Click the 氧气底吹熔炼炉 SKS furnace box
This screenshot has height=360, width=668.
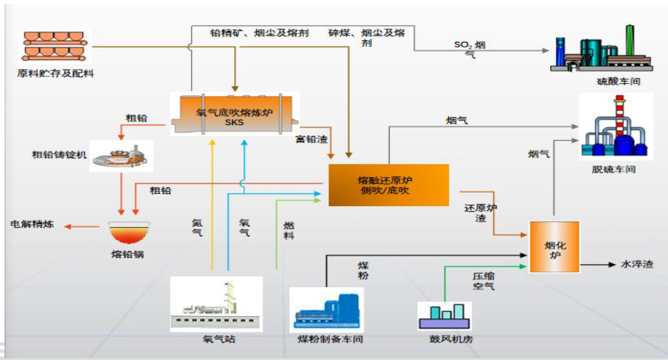click(x=234, y=114)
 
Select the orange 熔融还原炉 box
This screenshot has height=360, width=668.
click(x=388, y=185)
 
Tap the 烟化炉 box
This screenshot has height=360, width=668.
click(x=553, y=246)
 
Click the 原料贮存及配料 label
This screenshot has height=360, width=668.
click(x=55, y=73)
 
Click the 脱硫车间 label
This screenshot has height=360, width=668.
click(x=615, y=169)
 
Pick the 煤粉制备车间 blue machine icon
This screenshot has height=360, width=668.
click(x=327, y=309)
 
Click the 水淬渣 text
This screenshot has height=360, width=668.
click(x=636, y=264)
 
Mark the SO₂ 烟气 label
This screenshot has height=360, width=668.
click(x=472, y=49)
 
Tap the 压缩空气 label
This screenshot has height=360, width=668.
click(x=483, y=280)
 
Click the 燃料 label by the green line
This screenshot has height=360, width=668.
click(x=289, y=231)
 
